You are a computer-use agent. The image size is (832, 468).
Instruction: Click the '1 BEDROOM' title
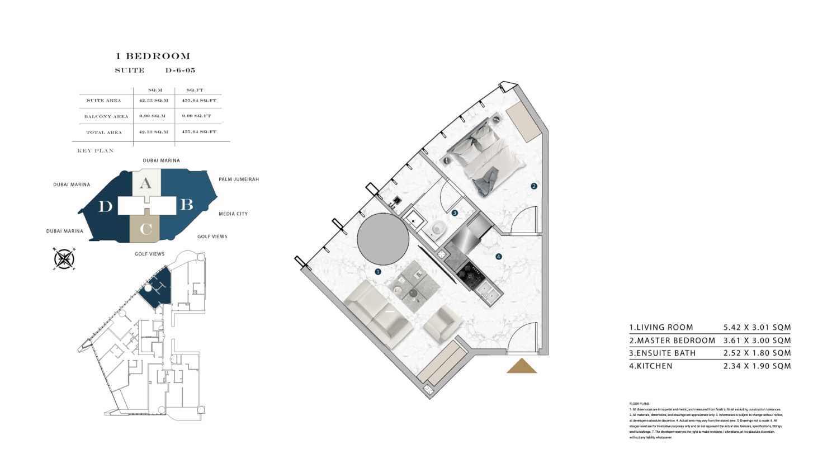click(153, 56)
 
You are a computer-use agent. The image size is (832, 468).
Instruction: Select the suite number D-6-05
click(180, 70)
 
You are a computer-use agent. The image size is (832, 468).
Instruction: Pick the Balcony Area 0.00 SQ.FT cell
click(196, 116)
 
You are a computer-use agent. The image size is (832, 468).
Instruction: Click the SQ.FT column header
click(195, 90)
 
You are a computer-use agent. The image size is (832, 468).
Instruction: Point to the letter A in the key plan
click(145, 183)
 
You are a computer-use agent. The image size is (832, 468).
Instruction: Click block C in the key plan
click(145, 229)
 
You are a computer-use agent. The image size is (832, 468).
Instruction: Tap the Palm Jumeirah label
click(239, 179)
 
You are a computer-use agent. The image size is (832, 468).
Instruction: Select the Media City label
click(233, 214)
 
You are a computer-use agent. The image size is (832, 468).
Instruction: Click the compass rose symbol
click(64, 259)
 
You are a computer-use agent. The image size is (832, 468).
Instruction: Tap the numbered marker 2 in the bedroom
click(534, 186)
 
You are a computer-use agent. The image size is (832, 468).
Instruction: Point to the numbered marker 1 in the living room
click(378, 272)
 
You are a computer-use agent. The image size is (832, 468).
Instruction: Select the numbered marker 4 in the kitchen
click(498, 257)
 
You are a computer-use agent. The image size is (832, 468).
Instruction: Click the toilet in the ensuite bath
click(438, 228)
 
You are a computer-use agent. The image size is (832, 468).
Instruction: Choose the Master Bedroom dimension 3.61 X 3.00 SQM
click(757, 341)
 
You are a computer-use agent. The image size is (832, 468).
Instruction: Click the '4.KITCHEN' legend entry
click(651, 366)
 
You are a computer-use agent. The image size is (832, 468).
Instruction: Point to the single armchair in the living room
click(442, 324)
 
